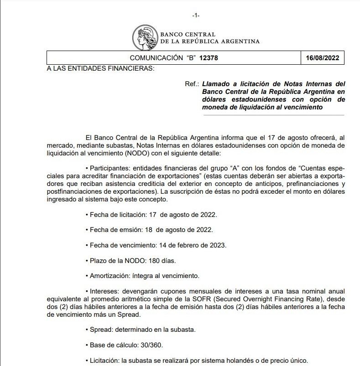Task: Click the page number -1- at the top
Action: [x=196, y=15]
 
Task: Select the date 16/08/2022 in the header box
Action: [x=323, y=58]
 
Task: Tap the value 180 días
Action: [x=162, y=261]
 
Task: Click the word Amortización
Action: [x=108, y=276]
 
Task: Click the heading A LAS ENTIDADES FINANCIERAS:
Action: [x=100, y=68]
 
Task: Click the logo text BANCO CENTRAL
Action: [x=188, y=35]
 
